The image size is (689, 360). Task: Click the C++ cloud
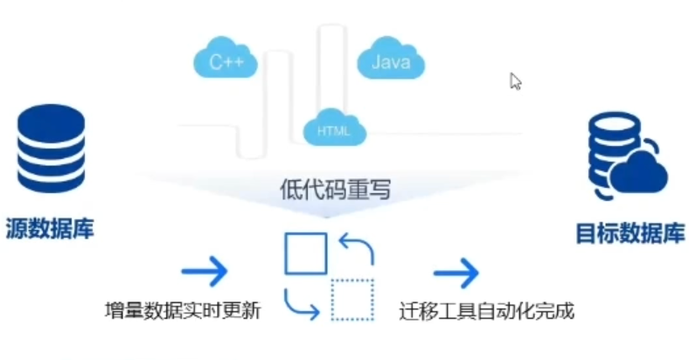point(225,60)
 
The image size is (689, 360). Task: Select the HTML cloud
point(333,128)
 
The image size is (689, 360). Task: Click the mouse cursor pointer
point(516,81)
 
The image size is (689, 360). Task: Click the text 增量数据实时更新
point(182,310)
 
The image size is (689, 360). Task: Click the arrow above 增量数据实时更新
point(205,271)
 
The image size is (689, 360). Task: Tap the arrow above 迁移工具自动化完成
point(456,271)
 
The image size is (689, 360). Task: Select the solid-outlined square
point(305,254)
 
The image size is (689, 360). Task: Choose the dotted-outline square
point(352,300)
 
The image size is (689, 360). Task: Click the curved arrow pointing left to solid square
point(358,248)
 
